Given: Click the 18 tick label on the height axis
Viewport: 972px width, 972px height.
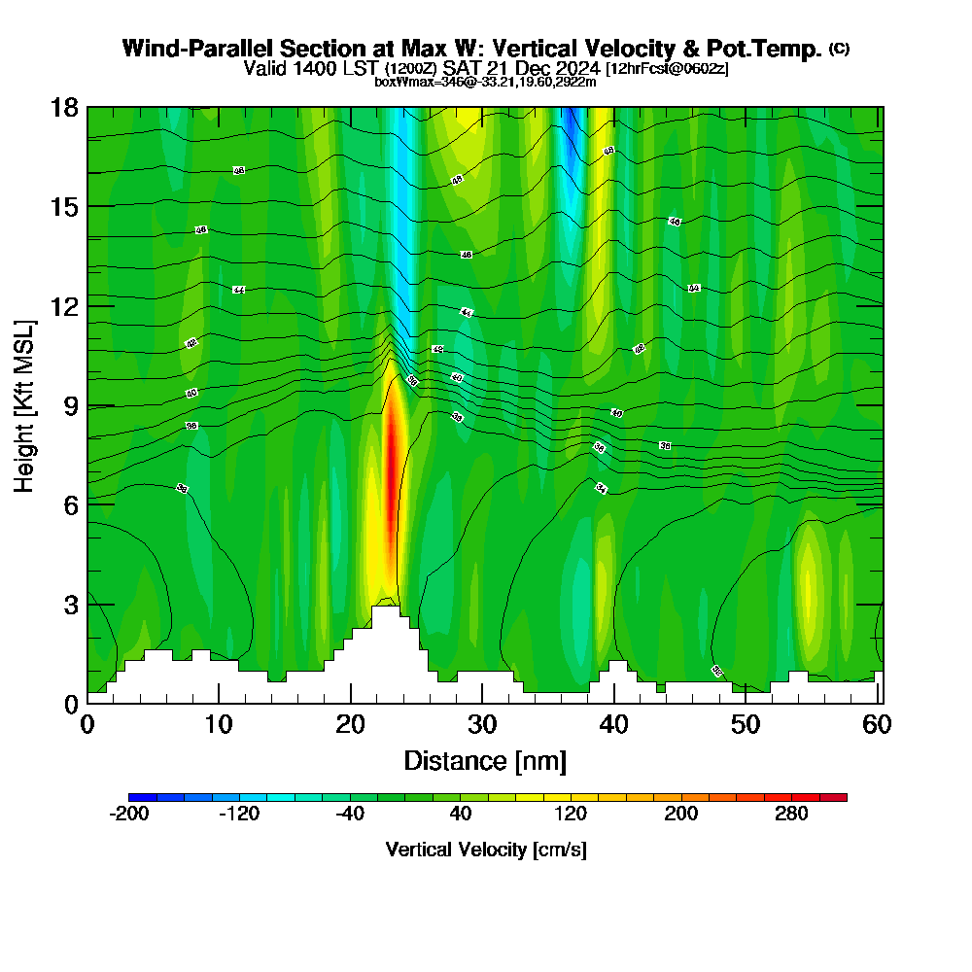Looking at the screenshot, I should (x=64, y=107).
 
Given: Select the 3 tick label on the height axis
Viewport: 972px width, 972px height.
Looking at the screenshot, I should (x=70, y=604).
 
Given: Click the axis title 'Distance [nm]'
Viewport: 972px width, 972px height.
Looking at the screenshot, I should (x=484, y=760).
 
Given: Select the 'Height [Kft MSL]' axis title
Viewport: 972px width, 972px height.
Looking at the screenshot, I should (x=24, y=405).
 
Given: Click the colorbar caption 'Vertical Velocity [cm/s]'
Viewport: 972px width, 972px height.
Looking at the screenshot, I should (x=486, y=850).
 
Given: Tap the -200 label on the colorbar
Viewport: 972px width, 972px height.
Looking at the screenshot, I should (x=129, y=815).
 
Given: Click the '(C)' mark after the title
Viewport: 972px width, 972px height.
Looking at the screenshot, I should (x=839, y=49).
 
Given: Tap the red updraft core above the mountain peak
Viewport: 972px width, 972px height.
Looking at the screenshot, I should (x=392, y=467).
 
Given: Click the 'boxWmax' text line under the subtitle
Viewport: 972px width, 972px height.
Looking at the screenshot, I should (x=485, y=82).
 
